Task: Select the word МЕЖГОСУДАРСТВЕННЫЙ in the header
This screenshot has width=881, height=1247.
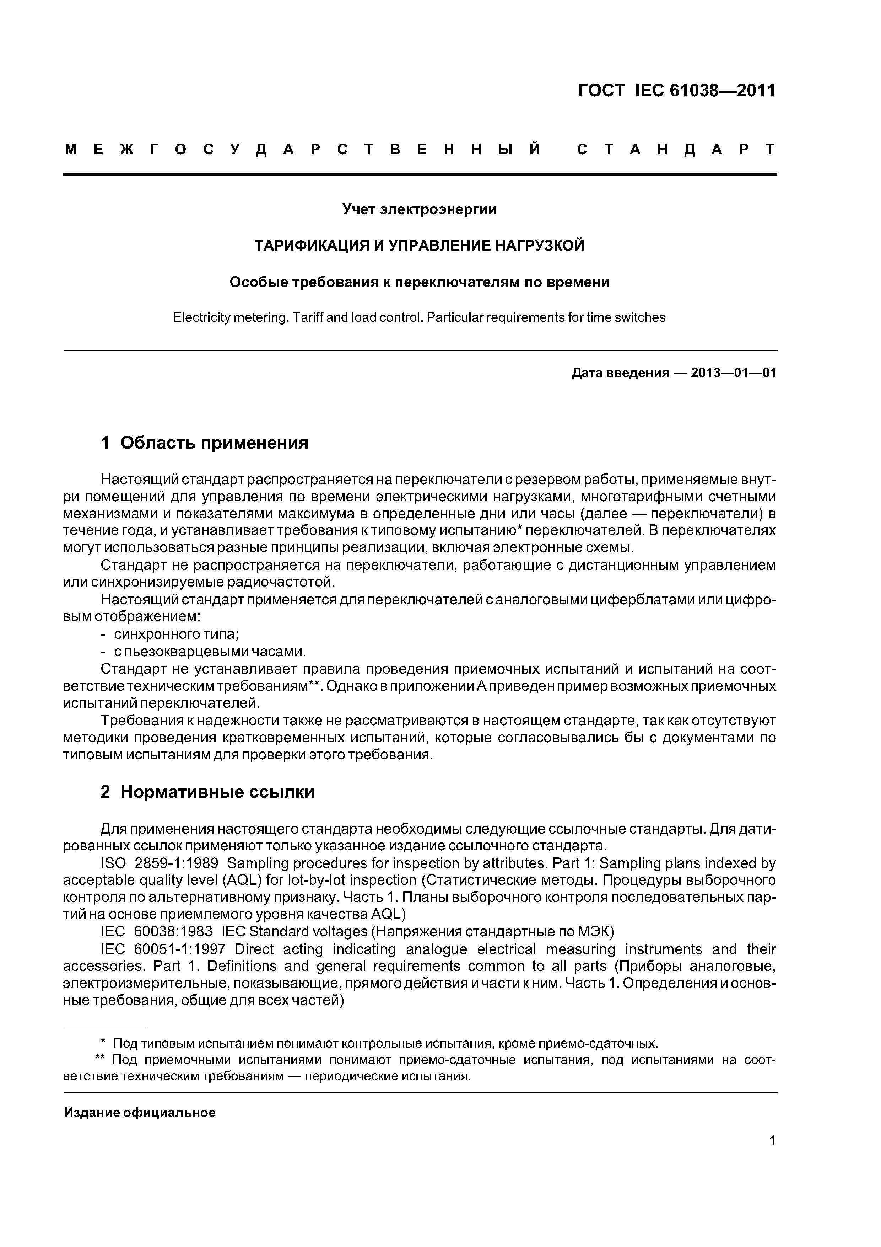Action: [x=302, y=149]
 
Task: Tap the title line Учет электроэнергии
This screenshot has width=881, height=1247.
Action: [x=419, y=209]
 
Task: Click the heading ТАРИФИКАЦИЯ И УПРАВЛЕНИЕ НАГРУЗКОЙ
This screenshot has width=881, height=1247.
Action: [x=419, y=246]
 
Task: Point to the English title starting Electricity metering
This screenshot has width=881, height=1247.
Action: [x=419, y=317]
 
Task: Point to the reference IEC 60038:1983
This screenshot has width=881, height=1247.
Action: [x=157, y=931]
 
